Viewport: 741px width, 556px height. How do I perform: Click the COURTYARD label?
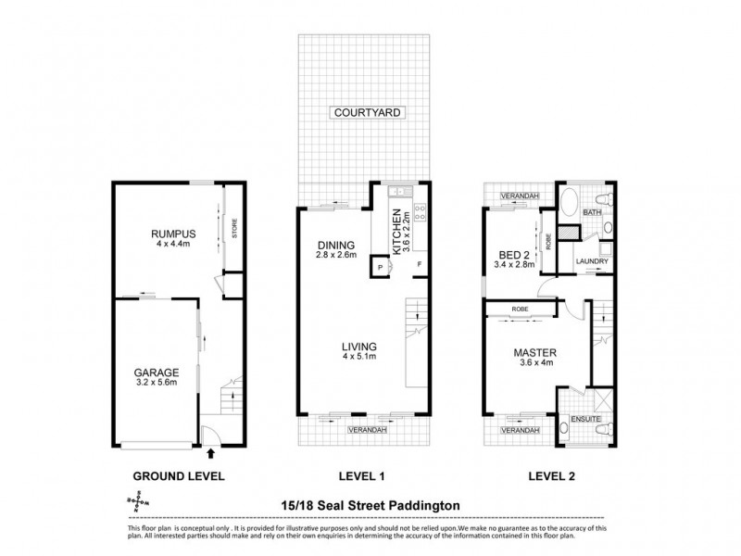[369, 113]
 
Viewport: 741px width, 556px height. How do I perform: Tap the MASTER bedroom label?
[534, 353]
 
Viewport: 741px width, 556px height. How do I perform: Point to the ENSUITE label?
[586, 420]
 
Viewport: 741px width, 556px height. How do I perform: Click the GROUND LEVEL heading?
[180, 476]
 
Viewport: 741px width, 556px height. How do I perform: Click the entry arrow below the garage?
[211, 453]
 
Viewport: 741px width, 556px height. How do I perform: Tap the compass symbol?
[134, 501]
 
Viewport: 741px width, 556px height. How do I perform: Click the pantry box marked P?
[379, 268]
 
